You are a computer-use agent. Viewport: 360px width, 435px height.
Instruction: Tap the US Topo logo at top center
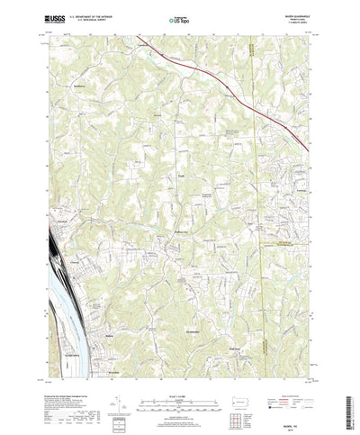point(179,16)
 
